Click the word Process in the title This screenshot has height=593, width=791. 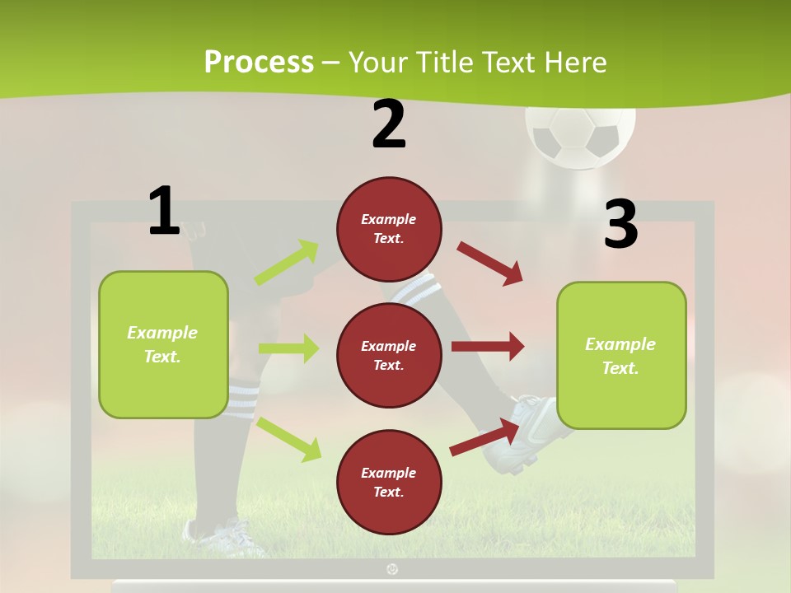(x=259, y=62)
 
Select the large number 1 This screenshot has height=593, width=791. (x=164, y=212)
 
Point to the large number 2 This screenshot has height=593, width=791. (x=389, y=124)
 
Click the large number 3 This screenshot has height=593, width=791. (x=620, y=225)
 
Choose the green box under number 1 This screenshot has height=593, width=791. (x=163, y=344)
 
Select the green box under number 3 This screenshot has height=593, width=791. (x=621, y=355)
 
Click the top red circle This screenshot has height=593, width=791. (x=389, y=229)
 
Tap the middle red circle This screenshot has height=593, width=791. (x=389, y=355)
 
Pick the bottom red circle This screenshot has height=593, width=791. (x=389, y=482)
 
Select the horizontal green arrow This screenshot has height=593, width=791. (x=288, y=348)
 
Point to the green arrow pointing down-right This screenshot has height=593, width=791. (x=289, y=439)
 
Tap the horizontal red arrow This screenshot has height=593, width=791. (x=487, y=347)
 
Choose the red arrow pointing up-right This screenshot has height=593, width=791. (x=484, y=437)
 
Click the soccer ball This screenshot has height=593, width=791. (x=581, y=133)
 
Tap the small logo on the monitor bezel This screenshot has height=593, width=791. (x=392, y=568)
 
